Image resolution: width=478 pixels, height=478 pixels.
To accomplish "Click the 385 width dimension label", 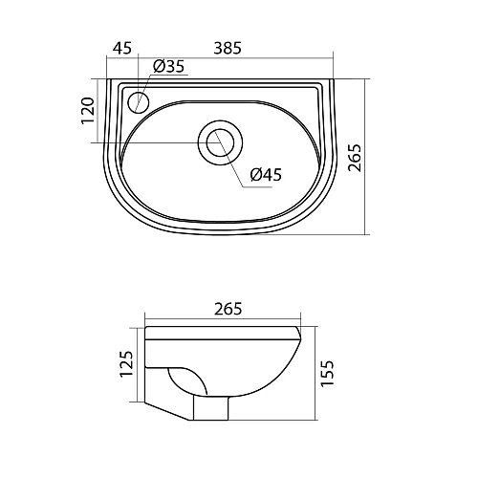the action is tap(228, 48).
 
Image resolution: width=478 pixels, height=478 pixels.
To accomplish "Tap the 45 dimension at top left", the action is tap(122, 48).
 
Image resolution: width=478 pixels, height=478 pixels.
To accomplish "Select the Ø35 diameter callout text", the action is tap(169, 66).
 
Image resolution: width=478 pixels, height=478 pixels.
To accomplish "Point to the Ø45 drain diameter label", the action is tap(266, 175).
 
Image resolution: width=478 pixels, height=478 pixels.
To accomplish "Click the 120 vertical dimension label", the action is tap(88, 111).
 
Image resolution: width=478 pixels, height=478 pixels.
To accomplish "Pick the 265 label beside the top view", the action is tap(355, 158).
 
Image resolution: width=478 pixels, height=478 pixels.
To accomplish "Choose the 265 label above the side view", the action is tap(228, 309).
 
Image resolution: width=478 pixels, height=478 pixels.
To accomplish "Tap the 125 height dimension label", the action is tap(126, 364).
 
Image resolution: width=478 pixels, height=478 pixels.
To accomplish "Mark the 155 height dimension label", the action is tap(327, 374).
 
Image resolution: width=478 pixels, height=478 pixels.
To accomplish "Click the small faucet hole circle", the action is tap(139, 101).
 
